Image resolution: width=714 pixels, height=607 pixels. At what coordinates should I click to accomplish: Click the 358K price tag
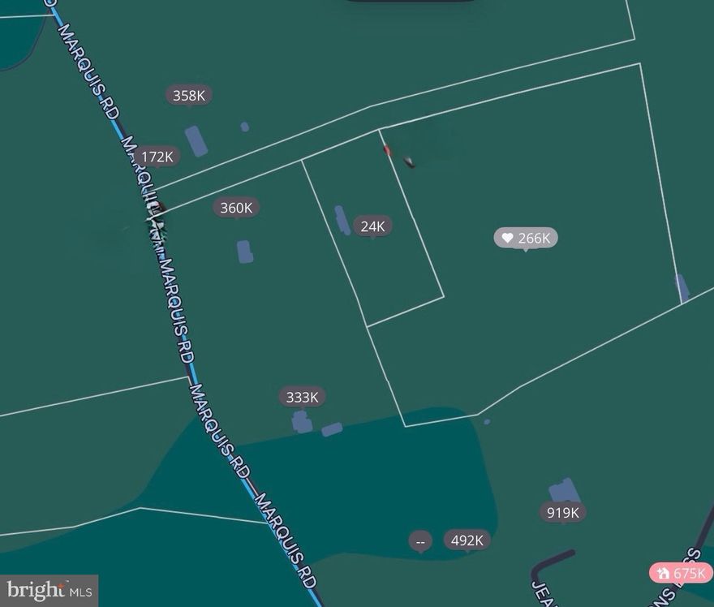pyautogui.click(x=189, y=96)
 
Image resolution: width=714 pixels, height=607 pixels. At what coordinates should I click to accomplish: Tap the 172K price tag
pyautogui.click(x=157, y=157)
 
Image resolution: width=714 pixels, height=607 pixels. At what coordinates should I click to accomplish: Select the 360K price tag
pyautogui.click(x=236, y=208)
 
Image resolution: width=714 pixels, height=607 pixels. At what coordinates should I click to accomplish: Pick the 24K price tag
pyautogui.click(x=372, y=226)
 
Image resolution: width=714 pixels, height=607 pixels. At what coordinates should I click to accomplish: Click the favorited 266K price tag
pyautogui.click(x=526, y=238)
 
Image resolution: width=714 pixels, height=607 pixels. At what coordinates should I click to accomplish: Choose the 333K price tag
pyautogui.click(x=303, y=397)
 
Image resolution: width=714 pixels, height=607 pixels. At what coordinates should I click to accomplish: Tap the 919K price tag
pyautogui.click(x=562, y=512)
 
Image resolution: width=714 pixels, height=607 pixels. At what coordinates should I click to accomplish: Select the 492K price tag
pyautogui.click(x=467, y=540)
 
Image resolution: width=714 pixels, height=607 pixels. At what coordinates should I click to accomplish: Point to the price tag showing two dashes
pyautogui.click(x=420, y=540)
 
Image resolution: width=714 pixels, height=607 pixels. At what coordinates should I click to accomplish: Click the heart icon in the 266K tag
pyautogui.click(x=508, y=238)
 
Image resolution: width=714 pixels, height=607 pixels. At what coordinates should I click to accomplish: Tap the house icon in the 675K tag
pyautogui.click(x=664, y=574)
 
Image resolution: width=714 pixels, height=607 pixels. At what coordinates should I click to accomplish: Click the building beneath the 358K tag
pyautogui.click(x=196, y=140)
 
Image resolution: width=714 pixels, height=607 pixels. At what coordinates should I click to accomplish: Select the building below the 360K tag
pyautogui.click(x=244, y=252)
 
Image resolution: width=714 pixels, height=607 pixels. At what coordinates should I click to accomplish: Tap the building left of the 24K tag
pyautogui.click(x=342, y=219)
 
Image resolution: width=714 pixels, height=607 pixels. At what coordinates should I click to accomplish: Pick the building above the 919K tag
pyautogui.click(x=564, y=490)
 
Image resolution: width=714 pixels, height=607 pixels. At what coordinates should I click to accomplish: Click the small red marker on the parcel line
pyautogui.click(x=387, y=149)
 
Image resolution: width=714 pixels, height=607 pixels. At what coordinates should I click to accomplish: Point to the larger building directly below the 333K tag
pyautogui.click(x=302, y=422)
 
